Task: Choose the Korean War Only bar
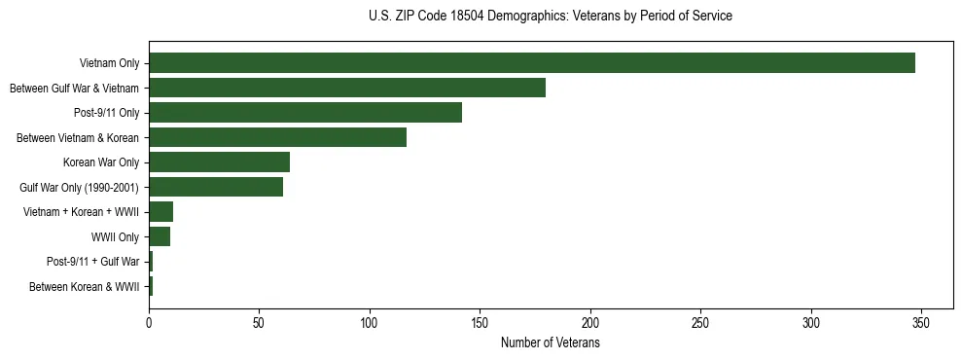click(219, 162)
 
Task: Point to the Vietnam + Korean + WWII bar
click(160, 211)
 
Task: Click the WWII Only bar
click(160, 236)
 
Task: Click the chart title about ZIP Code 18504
click(551, 17)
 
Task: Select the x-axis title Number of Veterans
click(551, 343)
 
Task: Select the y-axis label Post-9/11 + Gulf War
click(92, 262)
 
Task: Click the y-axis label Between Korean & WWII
click(85, 286)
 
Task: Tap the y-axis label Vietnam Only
click(109, 64)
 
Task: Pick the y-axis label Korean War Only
click(101, 162)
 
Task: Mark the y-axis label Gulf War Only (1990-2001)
click(80, 187)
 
